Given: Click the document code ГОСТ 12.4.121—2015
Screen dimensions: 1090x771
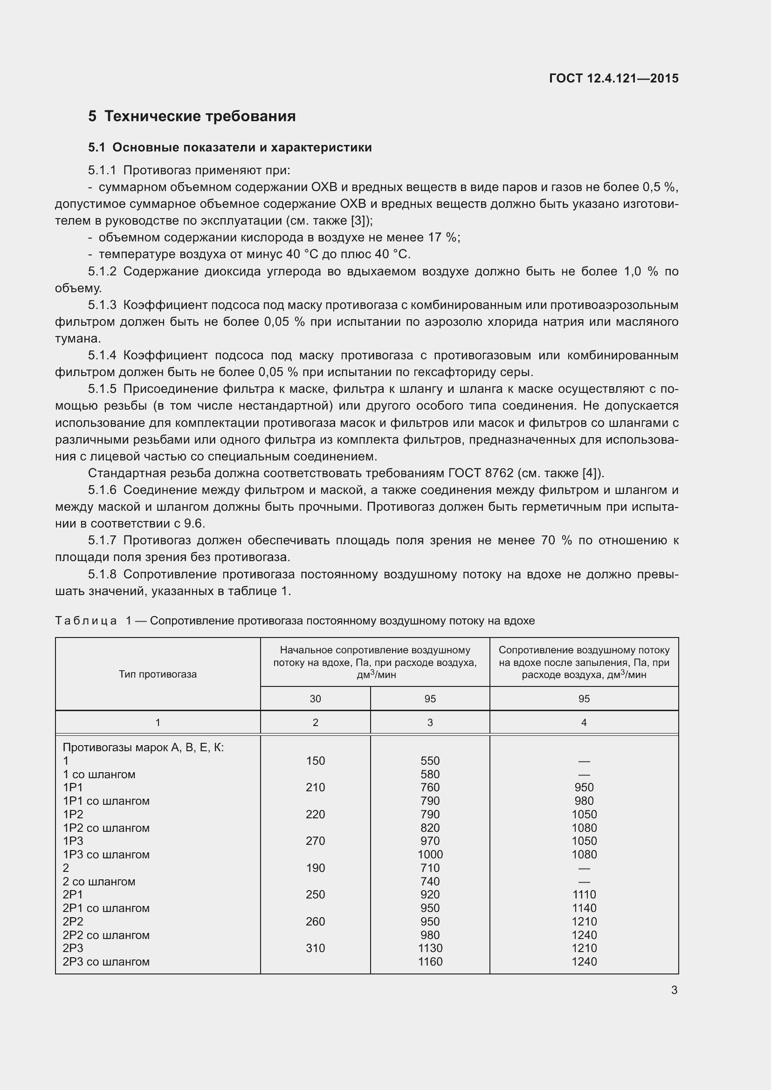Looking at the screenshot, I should click(613, 78).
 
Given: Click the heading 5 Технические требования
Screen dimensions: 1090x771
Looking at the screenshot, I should click(192, 117).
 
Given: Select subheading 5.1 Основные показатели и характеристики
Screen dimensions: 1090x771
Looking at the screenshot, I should click(230, 148).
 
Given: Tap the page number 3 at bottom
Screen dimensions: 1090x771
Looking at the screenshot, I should click(674, 990).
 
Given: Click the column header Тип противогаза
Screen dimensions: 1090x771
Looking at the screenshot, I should click(158, 674).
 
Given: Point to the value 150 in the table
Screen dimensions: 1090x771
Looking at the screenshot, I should click(315, 761).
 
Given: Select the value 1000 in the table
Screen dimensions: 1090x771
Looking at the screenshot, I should click(430, 855).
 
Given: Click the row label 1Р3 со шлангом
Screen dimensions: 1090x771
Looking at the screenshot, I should click(106, 855).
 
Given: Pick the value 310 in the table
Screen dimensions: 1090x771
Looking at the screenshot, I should click(315, 948).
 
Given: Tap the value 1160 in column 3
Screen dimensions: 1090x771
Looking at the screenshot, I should click(430, 961).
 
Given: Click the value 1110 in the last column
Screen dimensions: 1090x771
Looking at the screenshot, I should click(584, 894).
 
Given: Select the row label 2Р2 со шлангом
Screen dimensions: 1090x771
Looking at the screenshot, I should click(106, 935).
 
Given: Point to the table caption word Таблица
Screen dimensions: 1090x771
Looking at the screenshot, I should click(86, 620).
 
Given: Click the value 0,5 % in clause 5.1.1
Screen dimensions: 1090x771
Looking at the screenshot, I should click(659, 187).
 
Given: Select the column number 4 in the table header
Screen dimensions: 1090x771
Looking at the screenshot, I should click(584, 723).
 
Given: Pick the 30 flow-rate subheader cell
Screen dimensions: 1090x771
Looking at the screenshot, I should click(315, 699).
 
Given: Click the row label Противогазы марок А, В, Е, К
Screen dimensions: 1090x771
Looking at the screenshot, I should click(143, 747).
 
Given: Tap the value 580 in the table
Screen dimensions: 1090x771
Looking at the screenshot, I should click(430, 775).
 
